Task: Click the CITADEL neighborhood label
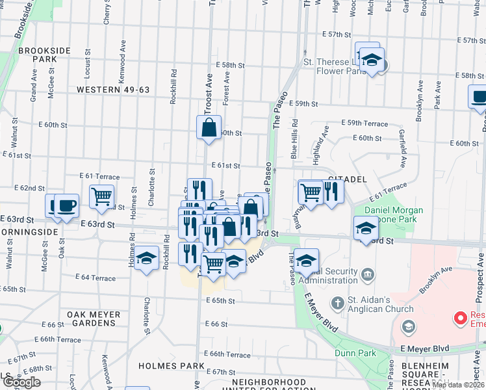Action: pos(348,179)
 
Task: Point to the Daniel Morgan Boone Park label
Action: pos(393,215)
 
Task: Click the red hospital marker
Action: pos(461,318)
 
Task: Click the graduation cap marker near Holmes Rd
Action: pos(147,258)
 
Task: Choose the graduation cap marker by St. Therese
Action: pos(372,60)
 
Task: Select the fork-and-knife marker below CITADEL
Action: pos(332,190)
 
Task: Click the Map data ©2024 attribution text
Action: pos(458,385)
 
